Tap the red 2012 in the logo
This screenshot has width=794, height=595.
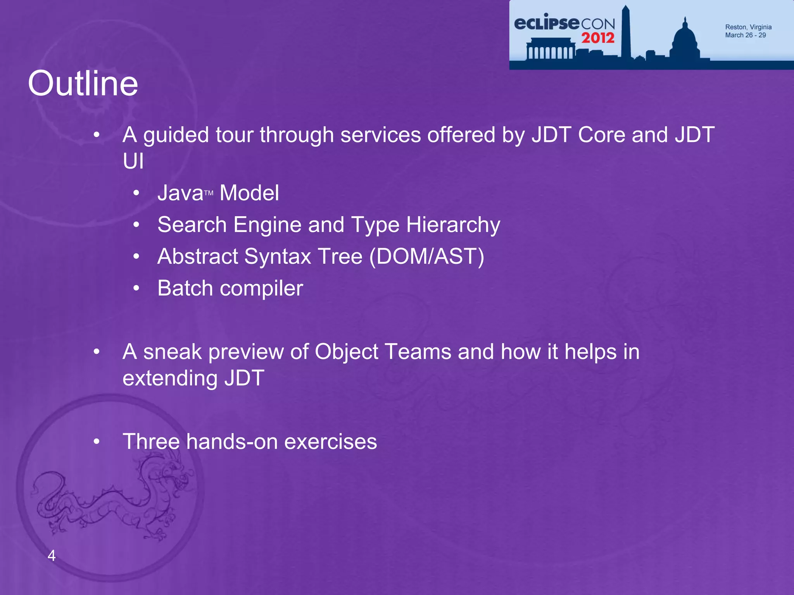pos(597,38)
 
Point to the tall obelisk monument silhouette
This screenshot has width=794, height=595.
pos(625,33)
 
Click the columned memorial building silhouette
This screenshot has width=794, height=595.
pos(551,48)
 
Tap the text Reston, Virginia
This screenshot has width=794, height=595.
pos(748,27)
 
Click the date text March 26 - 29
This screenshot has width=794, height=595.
pos(745,35)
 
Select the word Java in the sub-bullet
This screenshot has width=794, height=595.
pos(180,193)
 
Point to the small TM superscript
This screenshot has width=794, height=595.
pos(209,193)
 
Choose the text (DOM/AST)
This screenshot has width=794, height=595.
pos(426,256)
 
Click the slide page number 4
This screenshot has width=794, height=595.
pos(51,555)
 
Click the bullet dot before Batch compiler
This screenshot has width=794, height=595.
pos(136,288)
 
